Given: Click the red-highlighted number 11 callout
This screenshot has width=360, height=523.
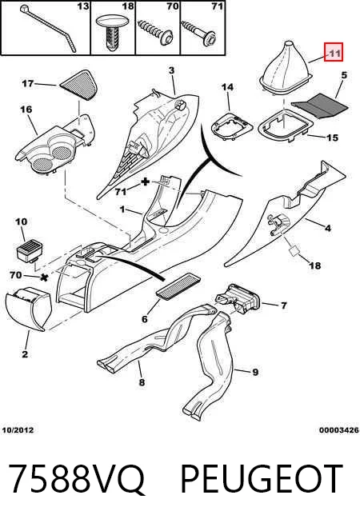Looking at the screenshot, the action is coord(334,54).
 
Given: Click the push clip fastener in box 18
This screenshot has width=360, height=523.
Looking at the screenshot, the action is coord(112,32).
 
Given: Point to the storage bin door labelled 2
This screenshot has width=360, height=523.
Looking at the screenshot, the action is coord(29,309).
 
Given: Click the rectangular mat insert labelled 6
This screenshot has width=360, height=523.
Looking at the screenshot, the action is coord(178,285).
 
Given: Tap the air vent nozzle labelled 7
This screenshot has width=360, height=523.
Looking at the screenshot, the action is coord(238,298).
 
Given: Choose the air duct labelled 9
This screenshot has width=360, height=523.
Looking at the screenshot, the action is coord(210,364).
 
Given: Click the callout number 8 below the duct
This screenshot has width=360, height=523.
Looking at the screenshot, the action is coord(142,382).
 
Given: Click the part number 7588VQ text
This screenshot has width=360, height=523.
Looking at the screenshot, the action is coord(76,479).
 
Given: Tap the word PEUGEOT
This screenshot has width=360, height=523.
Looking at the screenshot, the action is coord(262,479).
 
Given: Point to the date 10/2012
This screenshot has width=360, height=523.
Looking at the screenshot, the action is coord(18,430).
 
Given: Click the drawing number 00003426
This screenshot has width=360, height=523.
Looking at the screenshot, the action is coord(339,430).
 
